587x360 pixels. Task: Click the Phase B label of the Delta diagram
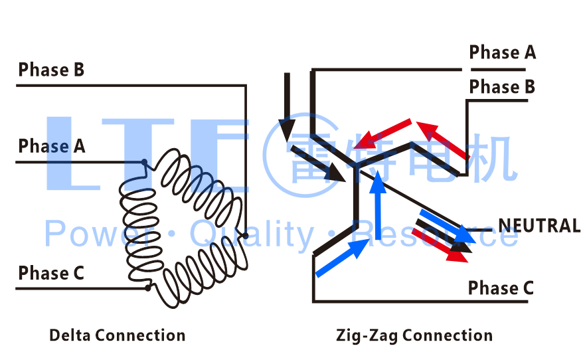point(51,70)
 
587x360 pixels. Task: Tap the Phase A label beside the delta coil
point(51,146)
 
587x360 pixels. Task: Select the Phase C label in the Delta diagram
point(51,273)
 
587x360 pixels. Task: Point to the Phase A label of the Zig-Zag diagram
point(502,52)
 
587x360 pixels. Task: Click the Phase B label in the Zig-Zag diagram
point(502,87)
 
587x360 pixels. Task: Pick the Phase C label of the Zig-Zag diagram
point(501,288)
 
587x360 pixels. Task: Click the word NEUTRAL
point(539,226)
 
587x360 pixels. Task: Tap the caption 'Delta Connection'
point(118,335)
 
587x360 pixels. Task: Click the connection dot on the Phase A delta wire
point(144,162)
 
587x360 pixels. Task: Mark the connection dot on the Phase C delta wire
point(147,288)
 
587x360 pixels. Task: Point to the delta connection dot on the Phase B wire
point(246,236)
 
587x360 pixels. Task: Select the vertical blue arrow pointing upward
point(377,203)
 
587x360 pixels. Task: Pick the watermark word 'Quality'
point(252,234)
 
